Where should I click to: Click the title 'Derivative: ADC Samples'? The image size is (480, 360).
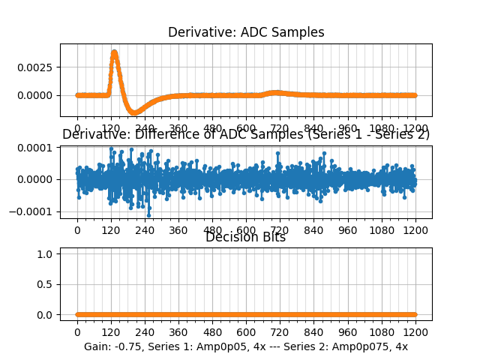[246, 32]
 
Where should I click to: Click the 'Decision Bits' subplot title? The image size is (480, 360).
[246, 238]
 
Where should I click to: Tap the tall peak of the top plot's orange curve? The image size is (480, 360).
[114, 52]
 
